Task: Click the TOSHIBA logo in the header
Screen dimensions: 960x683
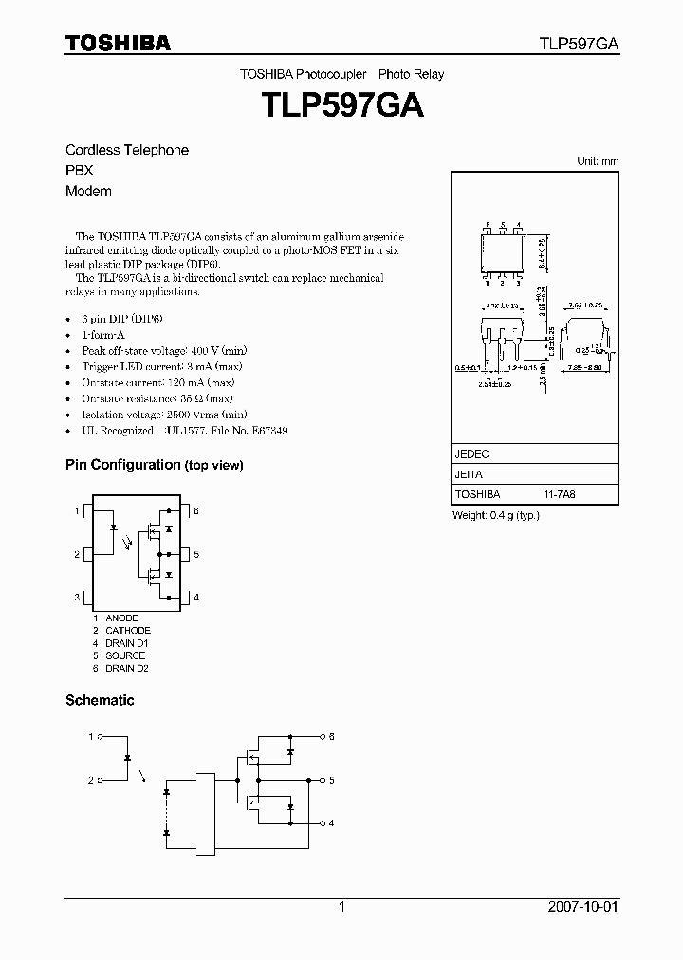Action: click(118, 43)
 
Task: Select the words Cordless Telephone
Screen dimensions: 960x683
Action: click(126, 150)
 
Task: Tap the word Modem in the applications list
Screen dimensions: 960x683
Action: click(88, 192)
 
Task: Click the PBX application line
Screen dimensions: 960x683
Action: click(79, 171)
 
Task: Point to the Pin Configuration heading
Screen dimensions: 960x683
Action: click(154, 465)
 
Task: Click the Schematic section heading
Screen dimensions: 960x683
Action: click(100, 701)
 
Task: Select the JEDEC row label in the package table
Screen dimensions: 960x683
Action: click(471, 454)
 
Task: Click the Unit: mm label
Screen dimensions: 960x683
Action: click(598, 161)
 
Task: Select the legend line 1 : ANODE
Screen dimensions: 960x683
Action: click(115, 618)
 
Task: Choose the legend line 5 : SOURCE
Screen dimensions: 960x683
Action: click(119, 655)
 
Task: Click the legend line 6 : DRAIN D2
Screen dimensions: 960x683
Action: click(120, 668)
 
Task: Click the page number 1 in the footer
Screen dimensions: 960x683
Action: click(341, 907)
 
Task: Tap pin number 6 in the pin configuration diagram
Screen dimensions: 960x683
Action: click(195, 511)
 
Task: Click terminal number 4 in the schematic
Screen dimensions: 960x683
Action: click(331, 823)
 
